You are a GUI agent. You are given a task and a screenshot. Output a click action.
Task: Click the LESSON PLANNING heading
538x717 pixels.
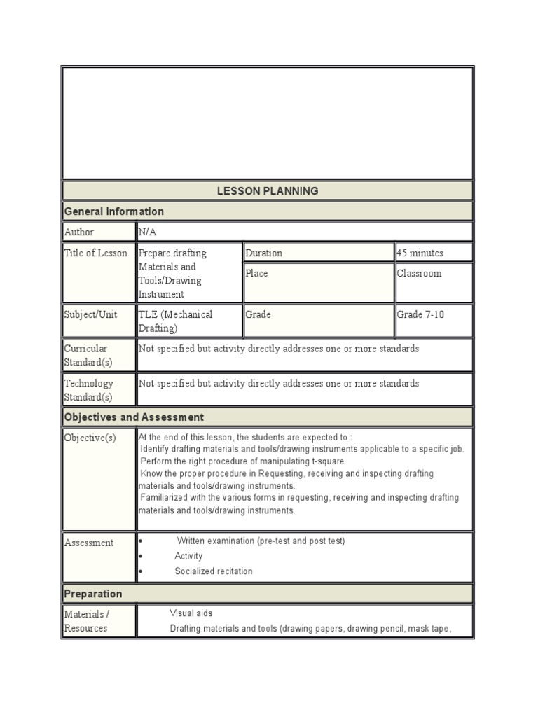[268, 190]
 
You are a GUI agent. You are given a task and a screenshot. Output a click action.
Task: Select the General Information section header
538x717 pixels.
[114, 211]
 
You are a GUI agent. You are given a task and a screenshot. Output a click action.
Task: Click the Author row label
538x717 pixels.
[79, 232]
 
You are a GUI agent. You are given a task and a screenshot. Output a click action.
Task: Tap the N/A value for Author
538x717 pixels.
[148, 232]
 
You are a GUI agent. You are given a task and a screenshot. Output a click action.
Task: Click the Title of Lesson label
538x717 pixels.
[96, 253]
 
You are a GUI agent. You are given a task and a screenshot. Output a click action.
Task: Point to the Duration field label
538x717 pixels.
[264, 253]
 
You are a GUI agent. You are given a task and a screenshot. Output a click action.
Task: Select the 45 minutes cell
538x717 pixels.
[420, 253]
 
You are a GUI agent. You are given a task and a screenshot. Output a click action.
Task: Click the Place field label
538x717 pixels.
[257, 273]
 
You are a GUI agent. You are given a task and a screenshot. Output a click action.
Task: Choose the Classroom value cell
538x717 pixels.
[420, 273]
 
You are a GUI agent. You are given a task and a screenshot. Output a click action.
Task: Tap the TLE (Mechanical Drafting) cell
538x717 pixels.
[176, 321]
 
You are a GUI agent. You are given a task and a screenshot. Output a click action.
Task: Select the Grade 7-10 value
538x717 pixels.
[421, 314]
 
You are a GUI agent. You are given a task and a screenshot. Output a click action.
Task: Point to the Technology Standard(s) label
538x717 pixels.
[89, 390]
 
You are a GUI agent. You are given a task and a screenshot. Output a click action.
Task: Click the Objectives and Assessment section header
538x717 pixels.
[134, 417]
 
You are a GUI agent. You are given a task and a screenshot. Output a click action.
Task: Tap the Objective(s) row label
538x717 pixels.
[90, 438]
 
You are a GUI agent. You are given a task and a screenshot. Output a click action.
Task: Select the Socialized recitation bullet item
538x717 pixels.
[214, 571]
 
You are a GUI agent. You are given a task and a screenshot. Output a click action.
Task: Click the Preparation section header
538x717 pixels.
[93, 594]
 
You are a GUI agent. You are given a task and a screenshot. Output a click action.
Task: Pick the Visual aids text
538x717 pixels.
[191, 613]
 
